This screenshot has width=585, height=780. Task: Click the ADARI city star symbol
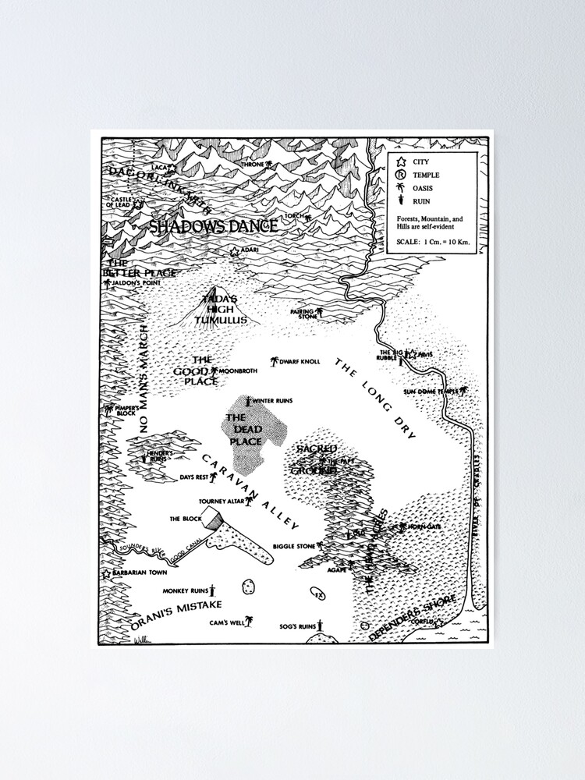[x=234, y=251]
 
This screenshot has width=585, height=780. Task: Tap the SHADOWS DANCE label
[x=213, y=227]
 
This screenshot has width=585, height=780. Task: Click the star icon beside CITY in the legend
[x=402, y=162]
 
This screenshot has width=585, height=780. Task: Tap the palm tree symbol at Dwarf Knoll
[x=274, y=362]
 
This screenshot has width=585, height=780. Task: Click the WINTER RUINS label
[x=272, y=401]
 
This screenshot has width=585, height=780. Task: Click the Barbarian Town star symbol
[x=107, y=573]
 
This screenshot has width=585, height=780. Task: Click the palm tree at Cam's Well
[x=250, y=621]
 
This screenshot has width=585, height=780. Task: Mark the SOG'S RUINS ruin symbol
[x=320, y=625]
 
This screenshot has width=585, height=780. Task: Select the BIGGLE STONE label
[x=294, y=547]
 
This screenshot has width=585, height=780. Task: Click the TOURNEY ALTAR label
[x=221, y=502]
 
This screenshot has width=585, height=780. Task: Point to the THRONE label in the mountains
[x=253, y=165]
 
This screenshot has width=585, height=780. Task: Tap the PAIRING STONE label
[x=303, y=314]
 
